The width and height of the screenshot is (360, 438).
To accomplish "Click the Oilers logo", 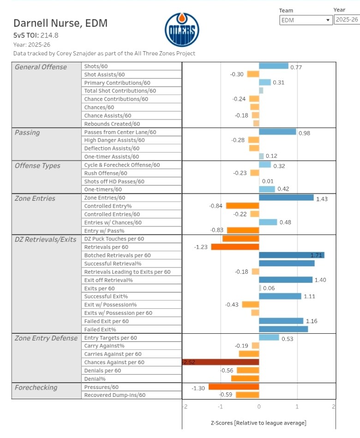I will click(x=182, y=30).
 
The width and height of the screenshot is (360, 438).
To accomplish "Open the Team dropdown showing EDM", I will click(x=306, y=20).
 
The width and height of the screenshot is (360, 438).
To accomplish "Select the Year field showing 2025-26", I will click(x=346, y=20).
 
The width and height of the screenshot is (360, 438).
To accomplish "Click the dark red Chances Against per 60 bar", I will click(x=221, y=362).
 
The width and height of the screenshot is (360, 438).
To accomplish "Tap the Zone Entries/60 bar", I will click(x=286, y=198).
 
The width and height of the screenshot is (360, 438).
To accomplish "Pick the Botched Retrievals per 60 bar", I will click(x=291, y=255).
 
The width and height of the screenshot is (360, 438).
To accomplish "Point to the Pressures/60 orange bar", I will click(x=234, y=387).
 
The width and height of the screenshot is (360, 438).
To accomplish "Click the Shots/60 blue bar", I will click(x=273, y=66).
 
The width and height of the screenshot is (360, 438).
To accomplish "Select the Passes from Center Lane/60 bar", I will click(x=277, y=132).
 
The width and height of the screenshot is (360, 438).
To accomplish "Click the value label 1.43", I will click(x=321, y=198).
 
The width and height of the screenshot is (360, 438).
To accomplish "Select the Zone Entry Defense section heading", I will click(x=46, y=338).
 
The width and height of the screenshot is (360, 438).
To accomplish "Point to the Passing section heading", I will click(x=27, y=132).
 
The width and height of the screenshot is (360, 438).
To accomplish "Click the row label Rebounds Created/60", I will click(x=112, y=124).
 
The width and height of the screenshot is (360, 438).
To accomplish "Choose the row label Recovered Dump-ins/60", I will click(x=114, y=395).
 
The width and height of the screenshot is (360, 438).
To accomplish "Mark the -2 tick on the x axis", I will click(x=185, y=407).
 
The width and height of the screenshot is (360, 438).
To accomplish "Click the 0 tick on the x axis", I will click(x=259, y=407).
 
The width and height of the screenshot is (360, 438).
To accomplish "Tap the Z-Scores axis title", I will click(x=258, y=423).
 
